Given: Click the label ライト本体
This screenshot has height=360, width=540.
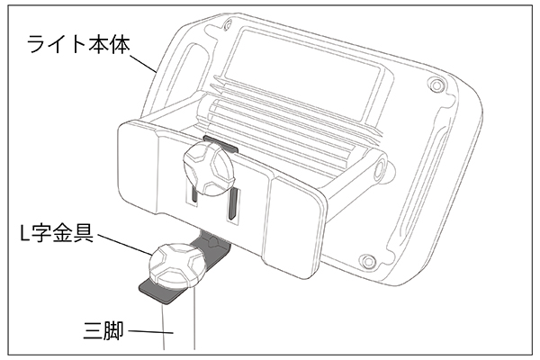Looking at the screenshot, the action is [x=78, y=44].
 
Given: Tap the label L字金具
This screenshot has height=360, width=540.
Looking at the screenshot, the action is [x=57, y=233].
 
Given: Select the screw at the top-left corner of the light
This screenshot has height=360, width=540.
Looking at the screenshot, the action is [x=227, y=25].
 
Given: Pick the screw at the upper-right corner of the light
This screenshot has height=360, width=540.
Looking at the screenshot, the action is [x=436, y=85].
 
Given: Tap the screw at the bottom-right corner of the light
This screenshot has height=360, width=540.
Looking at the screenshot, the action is [x=367, y=260].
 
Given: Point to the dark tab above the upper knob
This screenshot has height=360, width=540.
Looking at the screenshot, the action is [x=220, y=144].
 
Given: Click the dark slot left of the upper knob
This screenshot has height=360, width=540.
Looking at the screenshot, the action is [x=193, y=193].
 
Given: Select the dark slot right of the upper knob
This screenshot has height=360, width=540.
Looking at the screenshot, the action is [x=232, y=204].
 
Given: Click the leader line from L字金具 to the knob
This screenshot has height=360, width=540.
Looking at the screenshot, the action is [x=124, y=245].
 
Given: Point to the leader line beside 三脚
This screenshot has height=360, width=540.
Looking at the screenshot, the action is [x=150, y=332].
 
